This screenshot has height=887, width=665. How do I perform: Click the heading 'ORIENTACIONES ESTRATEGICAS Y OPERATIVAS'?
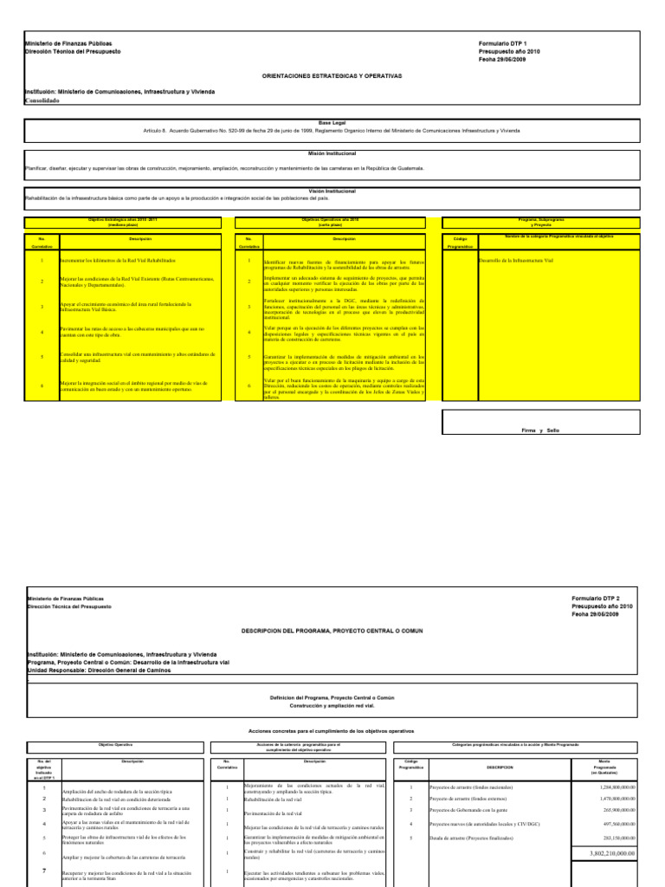point(332,76)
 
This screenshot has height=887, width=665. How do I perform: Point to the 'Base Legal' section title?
point(332,123)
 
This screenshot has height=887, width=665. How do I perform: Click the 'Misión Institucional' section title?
point(332,151)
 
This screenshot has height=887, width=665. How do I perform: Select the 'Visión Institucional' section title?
point(332,190)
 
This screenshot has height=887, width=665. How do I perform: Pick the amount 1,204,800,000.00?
point(611,787)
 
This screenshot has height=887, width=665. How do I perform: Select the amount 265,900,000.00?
point(614,810)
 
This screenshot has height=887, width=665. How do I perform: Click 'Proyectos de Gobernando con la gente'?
point(472,810)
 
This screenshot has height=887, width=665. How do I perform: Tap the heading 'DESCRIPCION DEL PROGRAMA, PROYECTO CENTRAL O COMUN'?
point(332,631)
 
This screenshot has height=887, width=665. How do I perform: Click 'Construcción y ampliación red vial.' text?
point(332,705)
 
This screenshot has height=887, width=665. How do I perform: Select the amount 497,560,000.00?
point(614,823)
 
